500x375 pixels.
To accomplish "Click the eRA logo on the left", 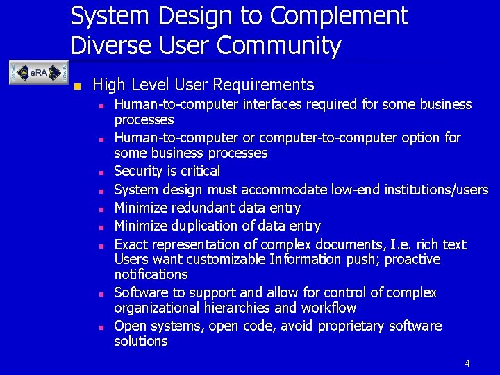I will (33, 72).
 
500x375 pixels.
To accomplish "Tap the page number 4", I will (467, 363).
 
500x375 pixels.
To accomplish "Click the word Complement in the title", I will (339, 15).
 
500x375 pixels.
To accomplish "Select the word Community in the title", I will (278, 46).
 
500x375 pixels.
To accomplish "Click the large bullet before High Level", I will (78, 87).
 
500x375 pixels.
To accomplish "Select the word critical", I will (199, 171).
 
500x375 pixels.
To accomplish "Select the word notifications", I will (151, 274).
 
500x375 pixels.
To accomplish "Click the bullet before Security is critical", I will (101, 172).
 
